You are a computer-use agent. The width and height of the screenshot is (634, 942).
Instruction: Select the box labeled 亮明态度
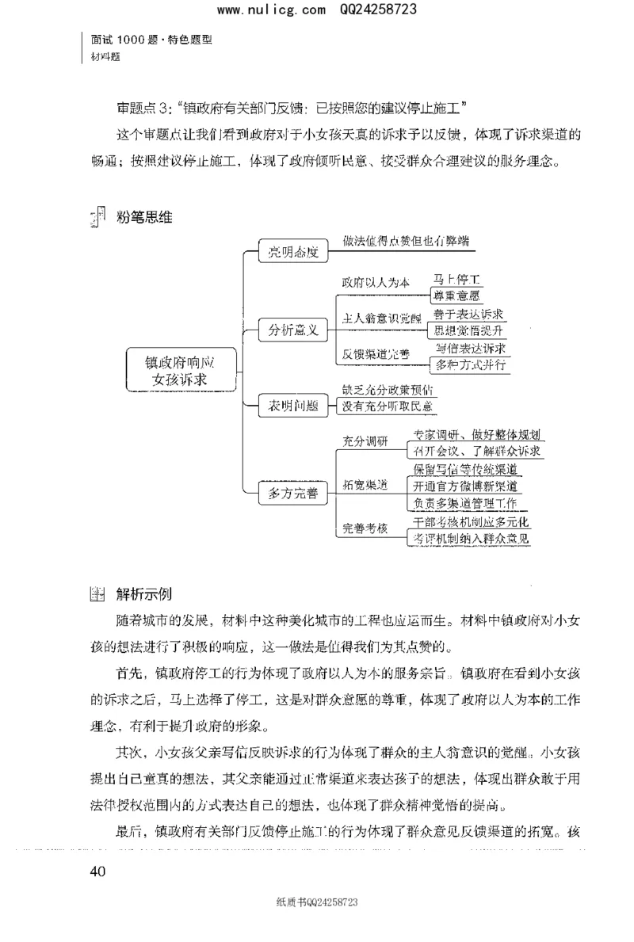[292, 253]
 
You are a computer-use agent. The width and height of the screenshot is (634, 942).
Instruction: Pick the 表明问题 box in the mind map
[292, 406]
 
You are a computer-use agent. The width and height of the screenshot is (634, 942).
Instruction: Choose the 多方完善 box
[292, 493]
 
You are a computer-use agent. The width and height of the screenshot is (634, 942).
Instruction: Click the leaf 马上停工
[457, 280]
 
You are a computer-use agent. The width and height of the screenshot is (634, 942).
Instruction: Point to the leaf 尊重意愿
[457, 296]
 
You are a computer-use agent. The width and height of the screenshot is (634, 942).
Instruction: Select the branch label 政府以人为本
[376, 282]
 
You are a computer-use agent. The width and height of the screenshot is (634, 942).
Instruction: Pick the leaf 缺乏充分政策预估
[388, 390]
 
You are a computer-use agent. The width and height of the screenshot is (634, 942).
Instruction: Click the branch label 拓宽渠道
[365, 484]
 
